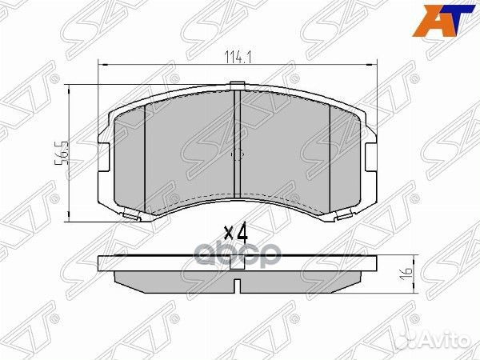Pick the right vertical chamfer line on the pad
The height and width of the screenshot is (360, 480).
(x=330, y=152)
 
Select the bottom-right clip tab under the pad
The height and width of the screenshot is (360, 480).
(x=346, y=214)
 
